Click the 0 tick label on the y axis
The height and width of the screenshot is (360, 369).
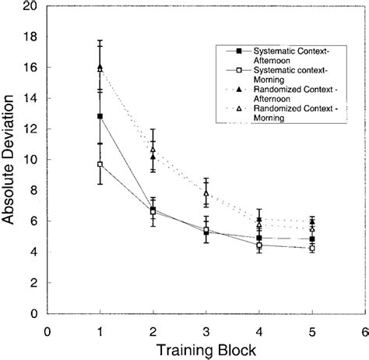[33, 314]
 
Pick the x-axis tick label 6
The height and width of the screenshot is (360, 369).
[364, 329]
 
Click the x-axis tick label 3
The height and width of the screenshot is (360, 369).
[206, 329]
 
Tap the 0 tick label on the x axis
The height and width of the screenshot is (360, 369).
[47, 329]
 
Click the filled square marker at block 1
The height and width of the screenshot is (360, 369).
[100, 117]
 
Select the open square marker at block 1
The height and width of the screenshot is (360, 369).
[100, 164]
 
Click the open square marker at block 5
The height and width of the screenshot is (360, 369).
[311, 249]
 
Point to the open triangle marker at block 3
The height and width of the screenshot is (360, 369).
[206, 192]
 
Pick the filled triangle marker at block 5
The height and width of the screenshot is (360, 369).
[311, 222]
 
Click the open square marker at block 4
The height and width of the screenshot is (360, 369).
[259, 245]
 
